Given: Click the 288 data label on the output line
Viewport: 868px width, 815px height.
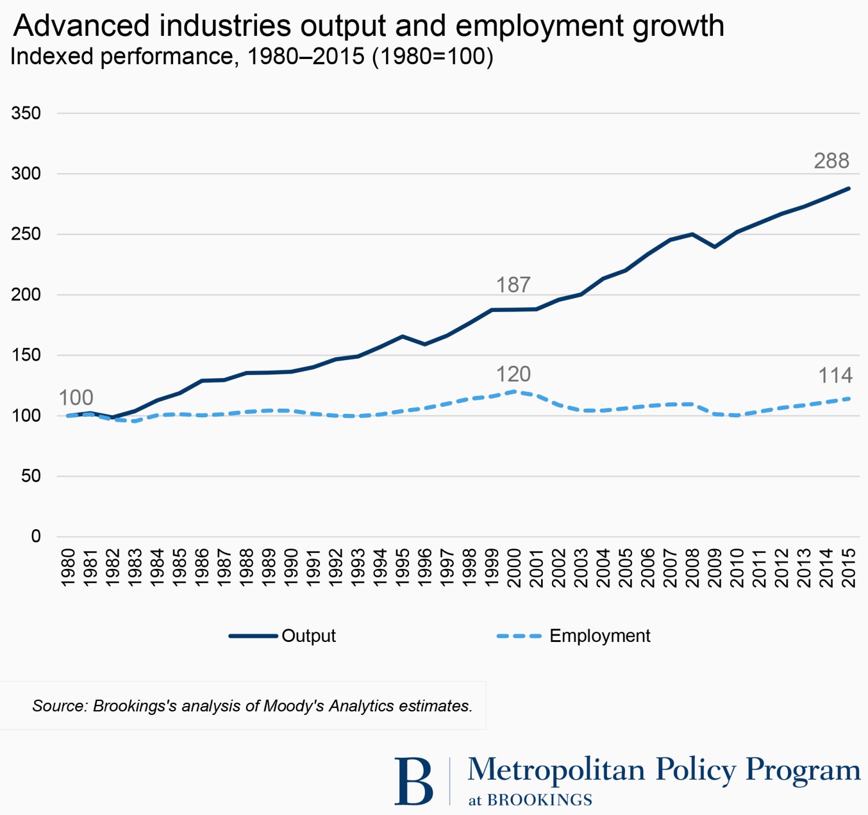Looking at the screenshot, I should click(x=831, y=161).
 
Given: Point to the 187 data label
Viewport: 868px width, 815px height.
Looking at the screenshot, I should click(x=513, y=285).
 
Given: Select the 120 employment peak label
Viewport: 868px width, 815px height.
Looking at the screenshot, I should click(x=513, y=375).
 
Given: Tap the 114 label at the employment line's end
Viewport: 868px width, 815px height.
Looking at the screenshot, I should click(x=835, y=376).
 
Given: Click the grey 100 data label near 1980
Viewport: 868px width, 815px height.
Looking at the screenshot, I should click(x=76, y=398).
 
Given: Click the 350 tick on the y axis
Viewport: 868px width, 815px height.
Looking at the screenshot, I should click(x=26, y=113).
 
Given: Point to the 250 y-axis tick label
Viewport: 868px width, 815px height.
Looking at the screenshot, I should click(x=26, y=234).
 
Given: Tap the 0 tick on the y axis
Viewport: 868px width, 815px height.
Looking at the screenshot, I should click(x=36, y=537).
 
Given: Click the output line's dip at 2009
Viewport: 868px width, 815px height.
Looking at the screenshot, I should click(x=715, y=247).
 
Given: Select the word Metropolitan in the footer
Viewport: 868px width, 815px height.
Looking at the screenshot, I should click(x=556, y=770).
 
